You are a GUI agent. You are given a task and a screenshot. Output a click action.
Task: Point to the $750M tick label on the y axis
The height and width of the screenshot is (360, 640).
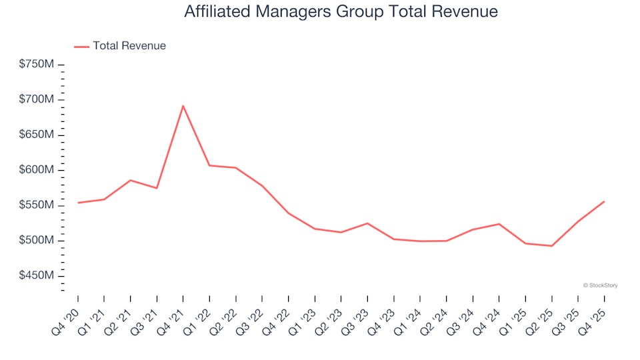[x=37, y=65]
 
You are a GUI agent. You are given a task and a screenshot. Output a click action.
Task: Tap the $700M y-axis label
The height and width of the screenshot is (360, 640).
[x=37, y=100]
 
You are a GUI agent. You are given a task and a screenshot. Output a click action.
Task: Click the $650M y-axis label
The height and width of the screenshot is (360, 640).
[x=37, y=135]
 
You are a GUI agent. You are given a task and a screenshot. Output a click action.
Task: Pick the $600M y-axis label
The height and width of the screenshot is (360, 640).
[x=37, y=170]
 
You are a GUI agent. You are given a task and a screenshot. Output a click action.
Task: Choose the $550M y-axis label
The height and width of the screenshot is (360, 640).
[x=37, y=205]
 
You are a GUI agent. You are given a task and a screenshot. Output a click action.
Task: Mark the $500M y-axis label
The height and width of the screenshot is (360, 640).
[x=37, y=241]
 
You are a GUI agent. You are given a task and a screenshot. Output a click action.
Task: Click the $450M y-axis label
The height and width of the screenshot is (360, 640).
[x=37, y=276]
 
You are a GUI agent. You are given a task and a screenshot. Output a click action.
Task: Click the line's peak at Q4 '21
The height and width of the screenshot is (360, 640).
[x=183, y=105]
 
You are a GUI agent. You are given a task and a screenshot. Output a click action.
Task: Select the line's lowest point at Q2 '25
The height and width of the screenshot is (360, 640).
[x=551, y=246]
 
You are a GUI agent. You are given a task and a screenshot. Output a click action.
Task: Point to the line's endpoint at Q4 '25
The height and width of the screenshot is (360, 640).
[x=604, y=201]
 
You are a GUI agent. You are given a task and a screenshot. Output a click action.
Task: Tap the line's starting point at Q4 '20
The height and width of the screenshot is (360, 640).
[x=78, y=203]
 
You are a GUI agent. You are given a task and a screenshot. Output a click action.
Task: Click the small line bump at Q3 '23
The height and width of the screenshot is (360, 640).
[x=367, y=223]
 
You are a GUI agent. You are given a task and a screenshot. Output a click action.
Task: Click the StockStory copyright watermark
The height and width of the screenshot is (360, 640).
[x=600, y=285]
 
